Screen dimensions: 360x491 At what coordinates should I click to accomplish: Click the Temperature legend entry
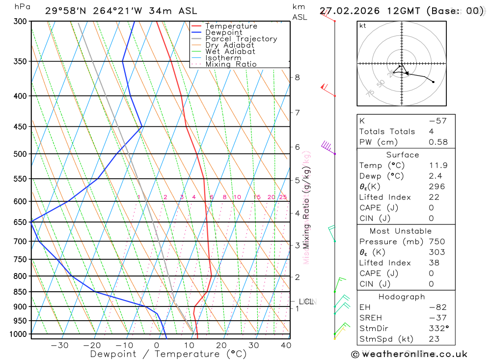point(231,27)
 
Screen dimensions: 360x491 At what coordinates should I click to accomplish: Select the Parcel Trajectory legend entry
point(241,39)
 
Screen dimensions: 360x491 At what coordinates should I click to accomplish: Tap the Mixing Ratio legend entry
point(231,64)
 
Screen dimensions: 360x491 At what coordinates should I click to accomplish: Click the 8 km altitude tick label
point(298,77)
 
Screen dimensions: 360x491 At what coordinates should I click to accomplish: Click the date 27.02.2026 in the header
point(348,11)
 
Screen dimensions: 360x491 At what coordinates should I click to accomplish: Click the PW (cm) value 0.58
point(438,142)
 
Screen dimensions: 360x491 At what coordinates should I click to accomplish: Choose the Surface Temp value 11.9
point(438,166)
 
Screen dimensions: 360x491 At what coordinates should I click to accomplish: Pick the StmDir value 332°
point(437,329)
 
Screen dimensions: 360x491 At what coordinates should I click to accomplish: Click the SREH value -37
point(437,318)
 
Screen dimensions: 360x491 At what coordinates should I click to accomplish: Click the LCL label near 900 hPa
point(306,302)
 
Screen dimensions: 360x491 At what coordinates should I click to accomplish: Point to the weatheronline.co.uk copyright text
point(409,354)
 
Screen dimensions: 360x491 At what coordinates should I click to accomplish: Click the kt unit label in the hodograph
point(363,26)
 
